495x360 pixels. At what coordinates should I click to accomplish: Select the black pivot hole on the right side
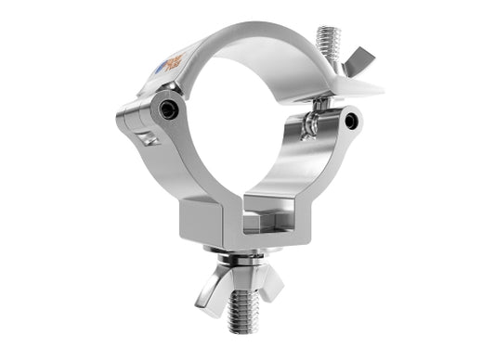coord(350,121)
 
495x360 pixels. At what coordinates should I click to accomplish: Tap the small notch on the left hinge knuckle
coord(144,139)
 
